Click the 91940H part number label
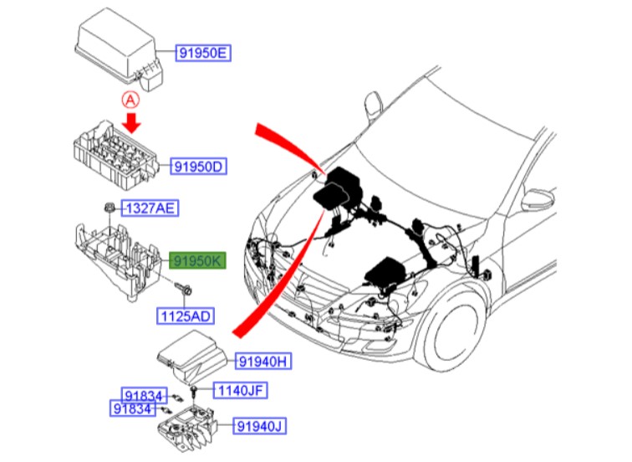pos(262,361)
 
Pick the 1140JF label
pos(243,390)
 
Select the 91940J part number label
pos(258,427)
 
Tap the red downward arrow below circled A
pos(130,122)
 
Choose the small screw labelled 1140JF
pos(193,391)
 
